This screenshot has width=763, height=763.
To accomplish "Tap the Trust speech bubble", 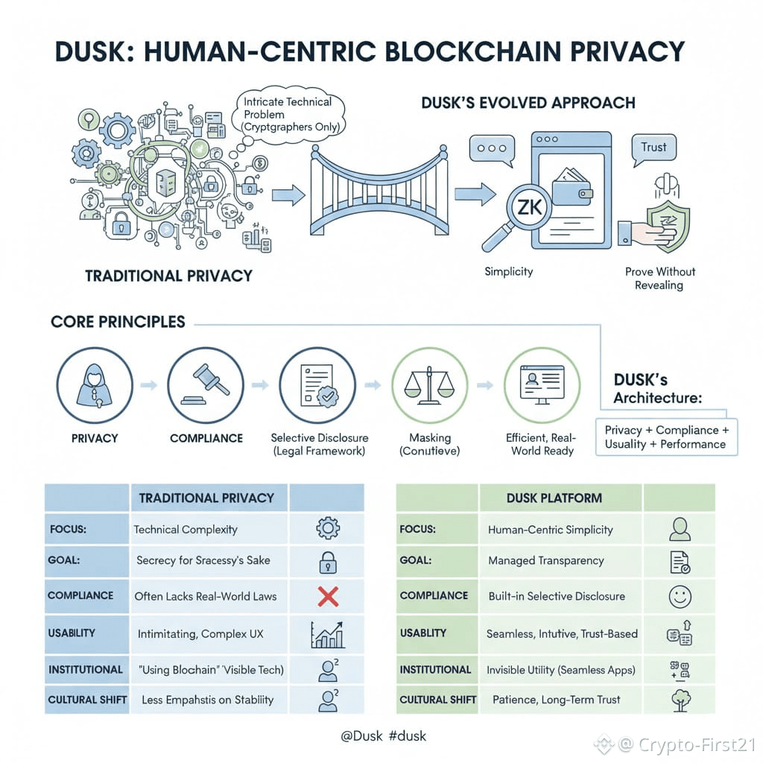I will pyautogui.click(x=653, y=148).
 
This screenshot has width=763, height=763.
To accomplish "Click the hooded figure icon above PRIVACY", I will pyautogui.click(x=95, y=384).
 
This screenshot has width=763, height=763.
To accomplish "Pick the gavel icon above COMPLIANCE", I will pyautogui.click(x=206, y=384).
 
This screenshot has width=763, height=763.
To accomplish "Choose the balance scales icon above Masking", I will pyautogui.click(x=429, y=384).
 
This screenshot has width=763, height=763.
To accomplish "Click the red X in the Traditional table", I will pyautogui.click(x=328, y=596).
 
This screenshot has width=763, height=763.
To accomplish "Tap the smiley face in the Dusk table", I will pyautogui.click(x=680, y=596).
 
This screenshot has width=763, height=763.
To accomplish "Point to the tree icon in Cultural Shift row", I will pyautogui.click(x=680, y=700).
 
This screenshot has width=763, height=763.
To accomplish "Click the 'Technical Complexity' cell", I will pyautogui.click(x=186, y=530).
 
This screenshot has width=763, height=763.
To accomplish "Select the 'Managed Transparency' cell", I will pyautogui.click(x=546, y=560).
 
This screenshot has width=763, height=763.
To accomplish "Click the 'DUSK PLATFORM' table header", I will pyautogui.click(x=554, y=498).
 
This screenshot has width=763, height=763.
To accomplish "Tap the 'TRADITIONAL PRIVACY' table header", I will pyautogui.click(x=206, y=498).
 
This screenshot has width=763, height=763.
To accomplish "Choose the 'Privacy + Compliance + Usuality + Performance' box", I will pyautogui.click(x=666, y=437).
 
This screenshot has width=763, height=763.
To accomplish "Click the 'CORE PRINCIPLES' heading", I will pyautogui.click(x=118, y=323).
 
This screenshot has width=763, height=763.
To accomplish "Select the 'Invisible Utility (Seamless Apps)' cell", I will pyautogui.click(x=561, y=670).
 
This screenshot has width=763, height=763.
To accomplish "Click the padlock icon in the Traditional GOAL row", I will pyautogui.click(x=328, y=562).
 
